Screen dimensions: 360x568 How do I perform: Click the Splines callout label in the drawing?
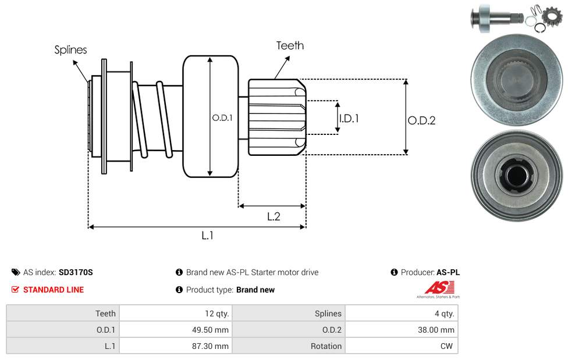70,50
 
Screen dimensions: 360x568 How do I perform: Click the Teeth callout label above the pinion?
290,45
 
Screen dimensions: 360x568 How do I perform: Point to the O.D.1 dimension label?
222,117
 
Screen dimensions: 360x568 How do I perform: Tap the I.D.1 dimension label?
349,118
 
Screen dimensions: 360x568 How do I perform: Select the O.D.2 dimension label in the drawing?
421,121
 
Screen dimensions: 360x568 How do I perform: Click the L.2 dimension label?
274,216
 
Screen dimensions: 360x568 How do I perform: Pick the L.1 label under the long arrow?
208,235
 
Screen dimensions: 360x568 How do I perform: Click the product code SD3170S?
76,272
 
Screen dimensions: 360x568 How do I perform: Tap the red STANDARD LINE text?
54,290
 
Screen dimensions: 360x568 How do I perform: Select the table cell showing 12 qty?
175,313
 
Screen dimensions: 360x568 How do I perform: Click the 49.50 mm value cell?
175,330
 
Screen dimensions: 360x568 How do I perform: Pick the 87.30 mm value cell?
175,346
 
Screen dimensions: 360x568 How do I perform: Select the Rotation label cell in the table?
289,346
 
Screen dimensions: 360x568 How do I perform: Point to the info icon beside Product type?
179,290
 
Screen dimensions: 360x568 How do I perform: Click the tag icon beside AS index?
16,272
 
